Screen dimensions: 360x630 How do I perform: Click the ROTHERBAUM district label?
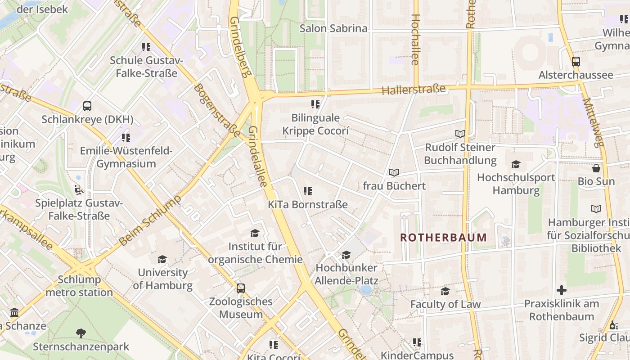pyautogui.click(x=443, y=238)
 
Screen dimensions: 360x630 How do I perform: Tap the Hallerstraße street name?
pyautogui.click(x=413, y=89)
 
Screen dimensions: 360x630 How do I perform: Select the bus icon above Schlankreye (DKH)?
pyautogui.click(x=87, y=106)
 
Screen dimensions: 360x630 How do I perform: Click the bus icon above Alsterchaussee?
pyautogui.click(x=576, y=62)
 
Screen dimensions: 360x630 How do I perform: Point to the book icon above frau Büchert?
pyautogui.click(x=394, y=172)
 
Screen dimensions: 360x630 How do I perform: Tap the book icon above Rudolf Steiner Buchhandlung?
pyautogui.click(x=460, y=134)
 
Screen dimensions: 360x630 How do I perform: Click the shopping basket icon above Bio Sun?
pyautogui.click(x=596, y=168)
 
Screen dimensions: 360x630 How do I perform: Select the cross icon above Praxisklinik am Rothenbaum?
pyautogui.click(x=562, y=290)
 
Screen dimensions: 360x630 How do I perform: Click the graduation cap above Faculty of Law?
pyautogui.click(x=445, y=291)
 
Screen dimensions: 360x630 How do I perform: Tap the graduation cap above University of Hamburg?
pyautogui.click(x=162, y=260)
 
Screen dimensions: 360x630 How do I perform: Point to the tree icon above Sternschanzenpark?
pyautogui.click(x=81, y=333)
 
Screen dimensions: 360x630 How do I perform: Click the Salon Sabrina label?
pyautogui.click(x=333, y=28)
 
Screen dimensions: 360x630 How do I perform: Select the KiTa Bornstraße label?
pyautogui.click(x=308, y=204)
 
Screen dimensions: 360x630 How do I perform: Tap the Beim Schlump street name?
pyautogui.click(x=150, y=220)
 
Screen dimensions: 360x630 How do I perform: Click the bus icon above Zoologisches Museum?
pyautogui.click(x=241, y=288)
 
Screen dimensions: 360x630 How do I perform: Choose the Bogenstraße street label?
pyautogui.click(x=217, y=110)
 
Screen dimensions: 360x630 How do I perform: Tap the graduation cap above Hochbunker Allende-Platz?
pyautogui.click(x=346, y=255)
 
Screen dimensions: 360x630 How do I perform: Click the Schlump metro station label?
pyautogui.click(x=79, y=286)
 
